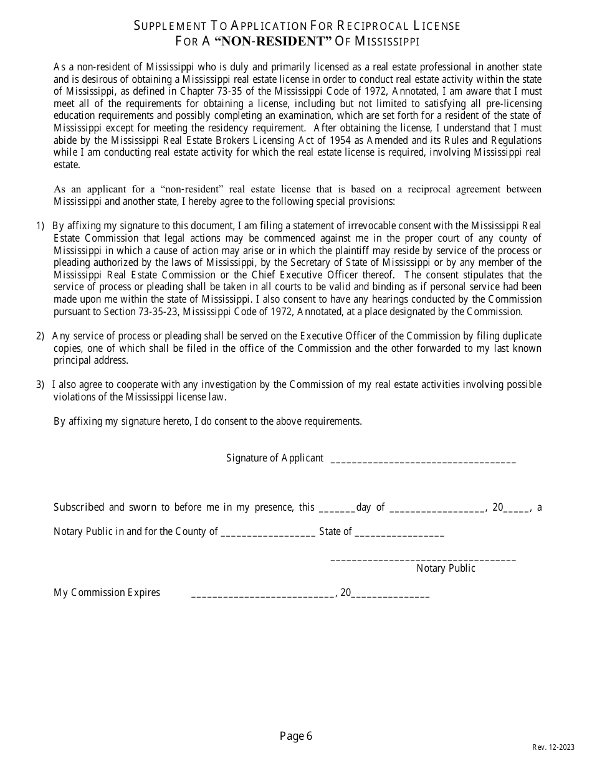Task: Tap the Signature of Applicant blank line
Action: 423,461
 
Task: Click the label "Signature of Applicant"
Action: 275,458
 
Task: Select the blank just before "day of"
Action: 337,509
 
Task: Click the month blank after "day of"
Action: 437,509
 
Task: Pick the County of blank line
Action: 268,534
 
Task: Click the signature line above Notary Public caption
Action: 423,559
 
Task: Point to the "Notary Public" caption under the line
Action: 446,568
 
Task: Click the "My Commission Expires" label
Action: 107,592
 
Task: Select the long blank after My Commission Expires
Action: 262,595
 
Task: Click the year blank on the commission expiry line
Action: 391,595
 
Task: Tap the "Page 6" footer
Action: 296,737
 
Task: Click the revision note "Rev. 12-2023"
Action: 553,747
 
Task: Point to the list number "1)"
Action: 41,226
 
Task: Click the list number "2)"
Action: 41,336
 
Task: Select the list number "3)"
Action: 41,385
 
